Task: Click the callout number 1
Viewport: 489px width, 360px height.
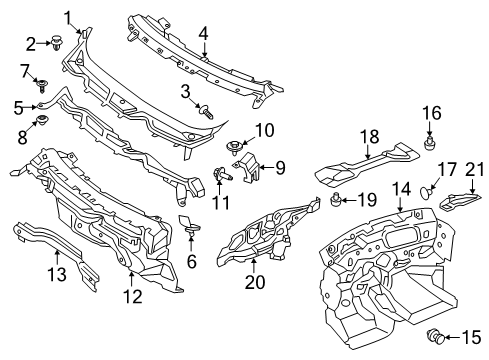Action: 69,16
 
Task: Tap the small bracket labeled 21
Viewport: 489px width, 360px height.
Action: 458,200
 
